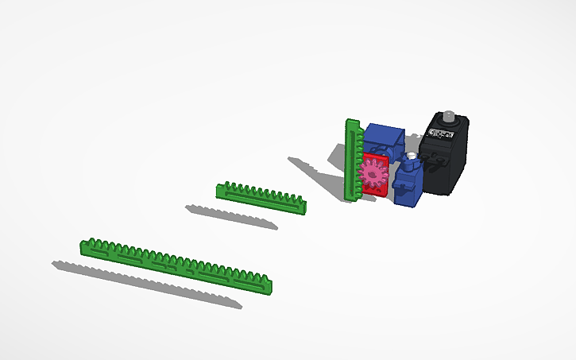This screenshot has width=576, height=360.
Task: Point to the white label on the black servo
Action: click(438, 134)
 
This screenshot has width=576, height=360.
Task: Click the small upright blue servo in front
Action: click(408, 184)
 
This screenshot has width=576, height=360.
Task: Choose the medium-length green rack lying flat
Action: click(261, 197)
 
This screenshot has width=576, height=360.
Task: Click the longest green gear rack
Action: click(179, 265)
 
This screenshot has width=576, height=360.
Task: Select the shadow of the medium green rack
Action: click(230, 217)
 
